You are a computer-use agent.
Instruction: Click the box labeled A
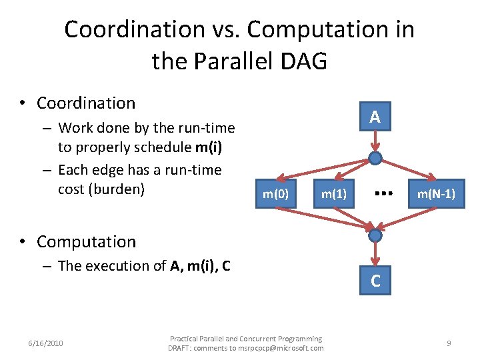pos(375,117)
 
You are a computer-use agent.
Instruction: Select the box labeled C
pos(375,281)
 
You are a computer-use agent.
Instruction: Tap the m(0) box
pos(275,195)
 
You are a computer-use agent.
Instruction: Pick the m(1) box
pos(334,195)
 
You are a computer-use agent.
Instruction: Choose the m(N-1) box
pos(436,195)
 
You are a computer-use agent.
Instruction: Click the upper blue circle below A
pos(375,158)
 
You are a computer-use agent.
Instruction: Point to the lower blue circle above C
pos(375,235)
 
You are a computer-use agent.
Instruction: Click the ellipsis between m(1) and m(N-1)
pos(382,193)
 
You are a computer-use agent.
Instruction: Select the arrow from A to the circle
pos(375,141)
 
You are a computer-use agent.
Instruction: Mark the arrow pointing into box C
pos(375,255)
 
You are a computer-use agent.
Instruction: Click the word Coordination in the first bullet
pos(86,103)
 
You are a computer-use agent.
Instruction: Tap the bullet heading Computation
pos(86,242)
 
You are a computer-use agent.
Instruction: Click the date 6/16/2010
pos(45,343)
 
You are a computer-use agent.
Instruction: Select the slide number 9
pos(449,343)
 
